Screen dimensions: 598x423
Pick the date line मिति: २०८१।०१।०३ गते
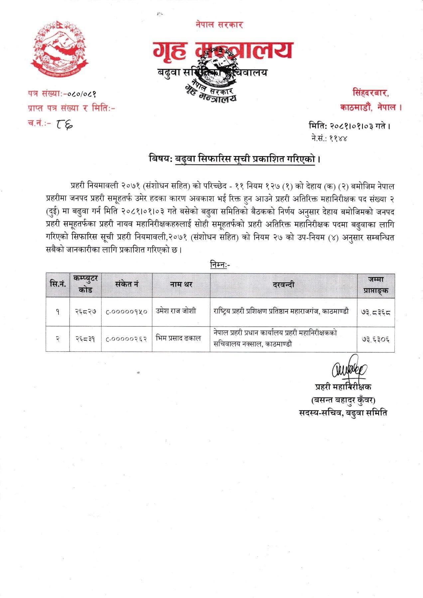click(x=349, y=126)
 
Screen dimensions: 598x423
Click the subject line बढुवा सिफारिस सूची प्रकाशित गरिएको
click(x=245, y=159)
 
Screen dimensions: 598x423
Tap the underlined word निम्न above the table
click(x=218, y=265)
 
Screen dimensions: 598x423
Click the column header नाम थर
click(x=181, y=285)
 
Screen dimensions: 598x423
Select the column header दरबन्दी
click(x=283, y=285)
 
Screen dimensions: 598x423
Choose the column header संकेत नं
click(x=127, y=285)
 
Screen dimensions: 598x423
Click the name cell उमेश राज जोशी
click(x=176, y=311)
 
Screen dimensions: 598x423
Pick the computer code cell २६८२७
click(x=85, y=312)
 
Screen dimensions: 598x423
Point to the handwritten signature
click(x=349, y=370)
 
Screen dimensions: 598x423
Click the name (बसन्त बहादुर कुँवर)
click(x=343, y=399)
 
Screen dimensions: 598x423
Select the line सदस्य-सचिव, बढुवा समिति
click(x=343, y=413)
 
